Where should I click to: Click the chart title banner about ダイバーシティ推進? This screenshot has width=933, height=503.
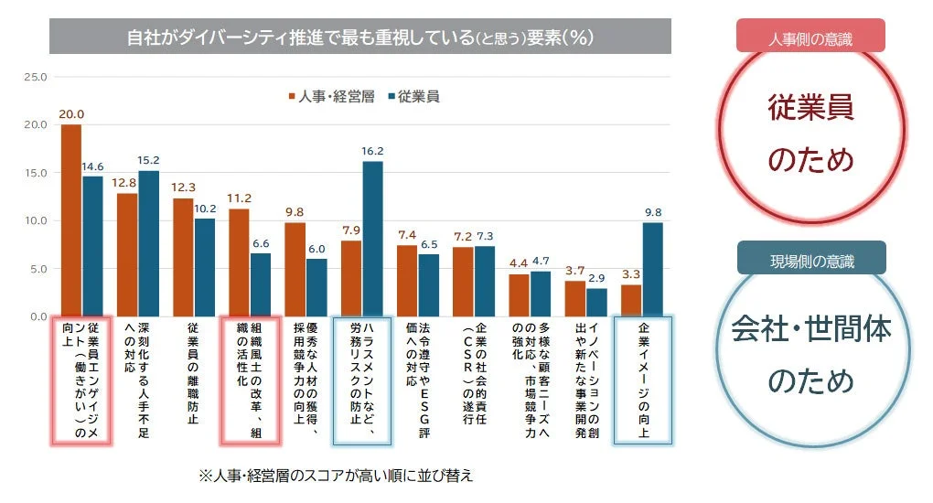(359, 37)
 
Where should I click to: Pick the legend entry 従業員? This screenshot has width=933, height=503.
(413, 96)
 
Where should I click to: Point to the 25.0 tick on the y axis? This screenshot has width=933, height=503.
(34, 77)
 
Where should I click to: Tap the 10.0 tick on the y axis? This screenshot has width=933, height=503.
(34, 220)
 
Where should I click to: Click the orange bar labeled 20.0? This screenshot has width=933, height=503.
(70, 220)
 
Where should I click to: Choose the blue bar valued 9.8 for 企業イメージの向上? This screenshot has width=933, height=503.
(653, 269)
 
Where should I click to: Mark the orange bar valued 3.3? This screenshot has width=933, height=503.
(631, 300)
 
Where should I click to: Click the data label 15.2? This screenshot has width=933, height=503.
(148, 159)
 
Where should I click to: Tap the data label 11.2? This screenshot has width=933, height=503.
(239, 198)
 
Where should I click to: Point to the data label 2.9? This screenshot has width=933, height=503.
(596, 276)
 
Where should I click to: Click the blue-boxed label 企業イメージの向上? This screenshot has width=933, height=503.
(643, 380)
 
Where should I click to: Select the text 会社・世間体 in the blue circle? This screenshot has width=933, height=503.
(810, 329)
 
